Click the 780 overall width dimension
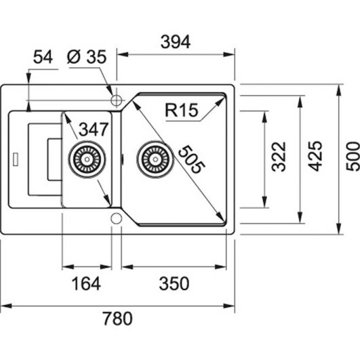point(117,319)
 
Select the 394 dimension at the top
point(176,42)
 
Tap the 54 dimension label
point(43,57)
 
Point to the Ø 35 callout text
point(87,57)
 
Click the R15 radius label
point(182,110)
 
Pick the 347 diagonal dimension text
point(94,129)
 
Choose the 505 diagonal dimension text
point(191,159)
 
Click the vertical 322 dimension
point(279,157)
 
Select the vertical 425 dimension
point(315,156)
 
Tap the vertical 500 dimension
point(353,156)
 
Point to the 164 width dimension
point(86,283)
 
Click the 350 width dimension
point(174,283)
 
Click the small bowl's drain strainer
point(87,159)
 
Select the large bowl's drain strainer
point(155,159)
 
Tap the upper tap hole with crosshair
point(116,100)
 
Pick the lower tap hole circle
point(116,218)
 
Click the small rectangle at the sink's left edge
point(16,159)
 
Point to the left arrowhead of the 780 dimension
point(6,306)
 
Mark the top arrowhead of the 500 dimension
point(339,90)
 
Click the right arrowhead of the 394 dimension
point(229,55)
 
